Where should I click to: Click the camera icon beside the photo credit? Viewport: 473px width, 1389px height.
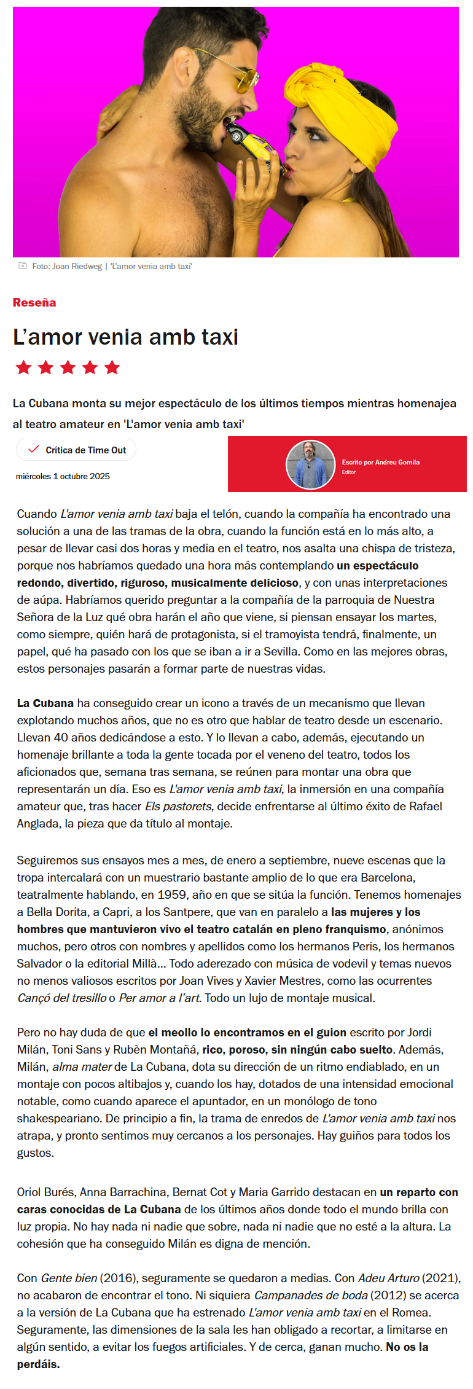click(x=23, y=265)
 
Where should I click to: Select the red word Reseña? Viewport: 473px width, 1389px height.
click(x=34, y=302)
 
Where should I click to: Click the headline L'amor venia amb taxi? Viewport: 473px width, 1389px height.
click(x=125, y=337)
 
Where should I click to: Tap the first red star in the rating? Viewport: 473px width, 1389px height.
click(x=24, y=367)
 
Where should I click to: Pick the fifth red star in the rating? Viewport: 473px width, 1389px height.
click(x=112, y=367)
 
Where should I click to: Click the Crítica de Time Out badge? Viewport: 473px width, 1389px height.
click(x=76, y=450)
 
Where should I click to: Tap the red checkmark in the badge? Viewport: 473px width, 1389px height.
click(x=34, y=449)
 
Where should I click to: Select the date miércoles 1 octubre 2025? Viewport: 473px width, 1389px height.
click(x=63, y=476)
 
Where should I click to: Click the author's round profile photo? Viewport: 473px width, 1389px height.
click(x=310, y=464)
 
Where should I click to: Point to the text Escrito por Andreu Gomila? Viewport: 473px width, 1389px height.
click(x=381, y=462)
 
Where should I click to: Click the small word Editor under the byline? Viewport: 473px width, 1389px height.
click(x=349, y=472)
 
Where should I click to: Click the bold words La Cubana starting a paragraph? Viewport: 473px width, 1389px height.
click(x=45, y=703)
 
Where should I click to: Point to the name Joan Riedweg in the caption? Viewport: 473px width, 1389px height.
click(x=77, y=266)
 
